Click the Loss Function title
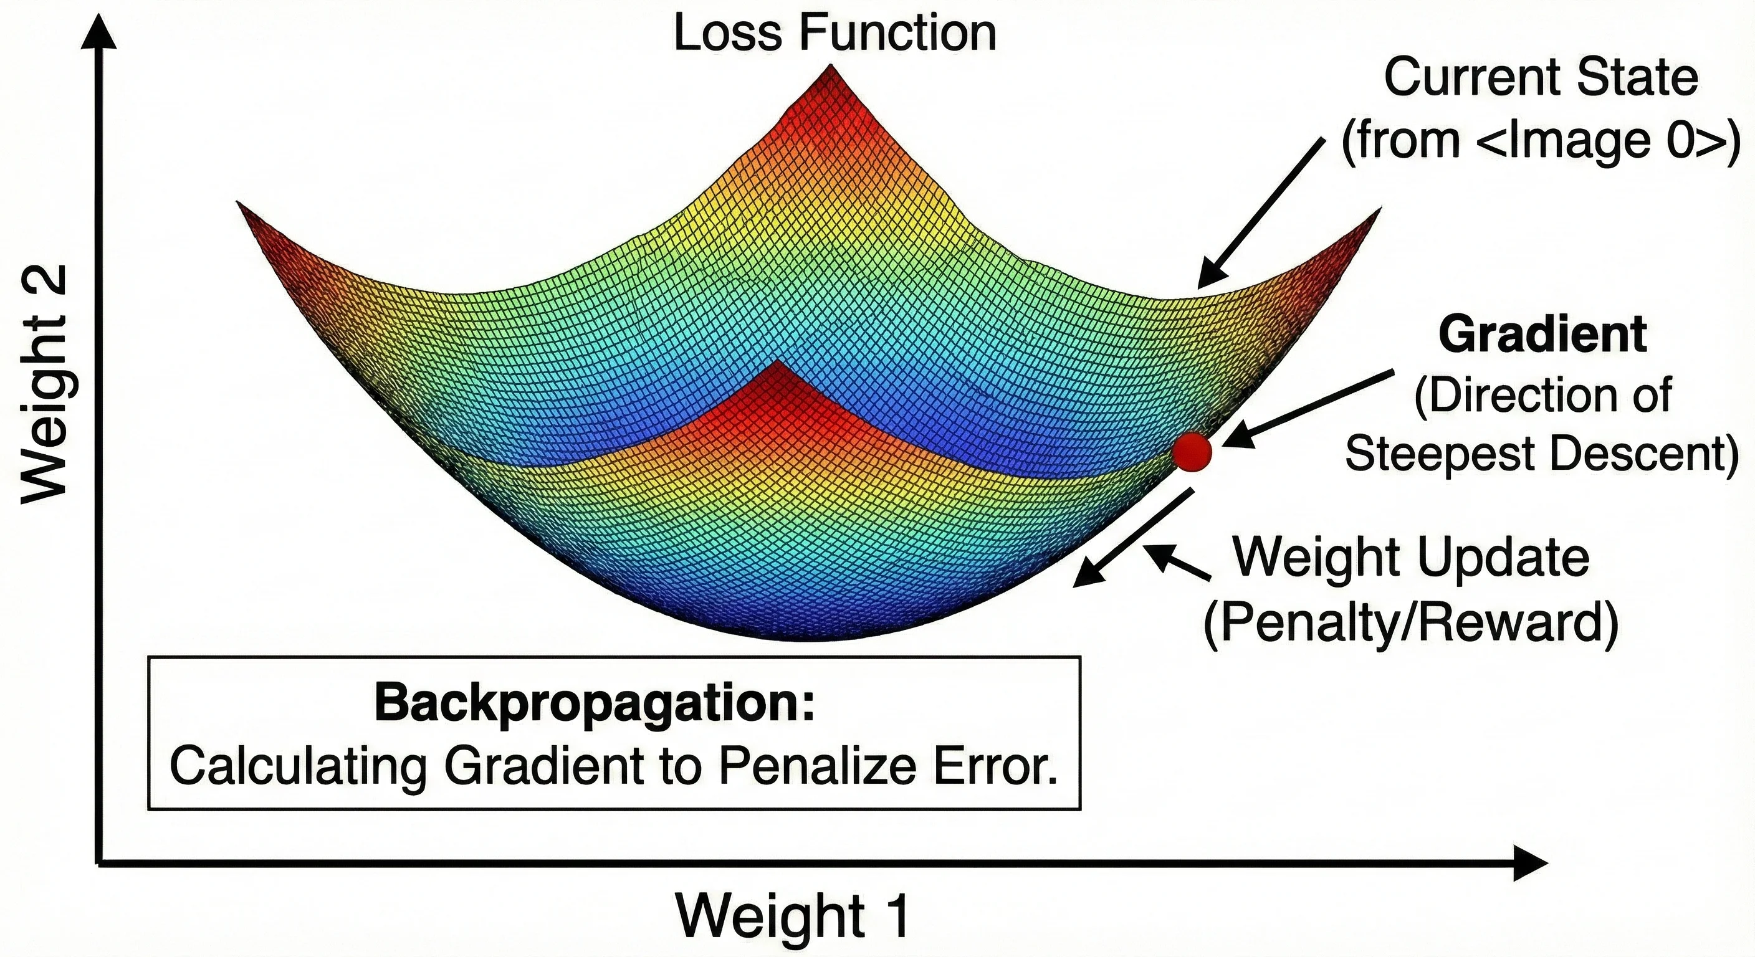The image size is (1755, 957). (834, 32)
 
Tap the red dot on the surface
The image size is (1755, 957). (1192, 452)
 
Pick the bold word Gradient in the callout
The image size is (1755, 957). (1542, 335)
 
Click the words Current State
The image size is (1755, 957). (1541, 78)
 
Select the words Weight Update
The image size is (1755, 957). (1412, 557)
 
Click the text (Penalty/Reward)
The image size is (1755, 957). (1411, 622)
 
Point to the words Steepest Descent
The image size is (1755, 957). (1541, 454)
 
